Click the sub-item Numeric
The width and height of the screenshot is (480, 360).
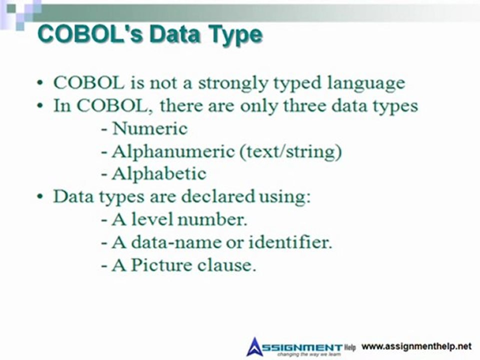click(x=149, y=128)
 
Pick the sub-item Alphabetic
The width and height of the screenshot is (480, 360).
click(x=158, y=174)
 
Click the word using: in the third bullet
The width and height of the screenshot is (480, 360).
click(x=284, y=197)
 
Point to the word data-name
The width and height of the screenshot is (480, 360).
click(x=166, y=242)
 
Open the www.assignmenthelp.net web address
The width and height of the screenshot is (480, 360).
click(x=416, y=346)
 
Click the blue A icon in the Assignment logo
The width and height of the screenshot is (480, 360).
click(x=255, y=346)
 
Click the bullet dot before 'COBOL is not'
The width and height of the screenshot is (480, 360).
click(x=40, y=83)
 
